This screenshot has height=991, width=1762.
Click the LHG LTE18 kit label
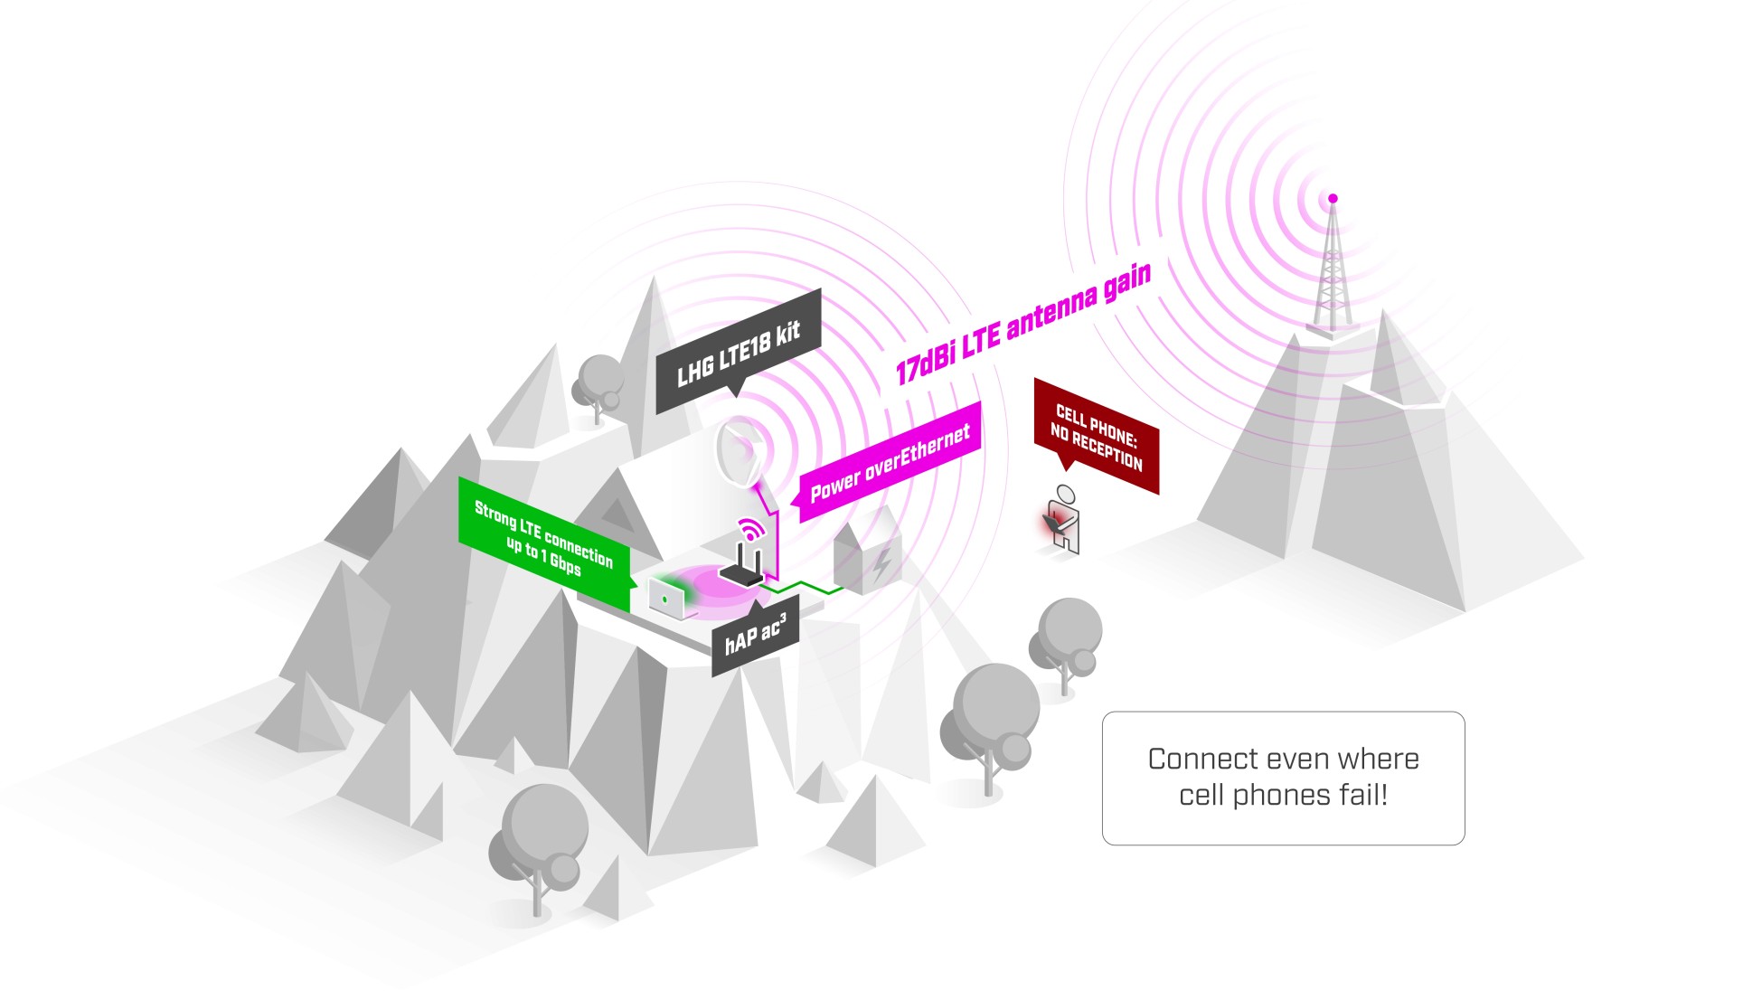[x=739, y=353]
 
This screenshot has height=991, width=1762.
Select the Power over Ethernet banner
[x=890, y=462]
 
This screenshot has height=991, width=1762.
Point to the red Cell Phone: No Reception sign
[x=1097, y=437]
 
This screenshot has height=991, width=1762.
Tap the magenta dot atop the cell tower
[x=1333, y=198]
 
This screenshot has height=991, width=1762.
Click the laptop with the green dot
[x=667, y=599]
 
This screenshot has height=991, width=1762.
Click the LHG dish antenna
[x=739, y=449]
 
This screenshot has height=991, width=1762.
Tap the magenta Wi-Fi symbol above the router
[x=750, y=529]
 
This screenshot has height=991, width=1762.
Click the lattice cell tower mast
[x=1332, y=271]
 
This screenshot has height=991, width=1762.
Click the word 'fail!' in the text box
[x=1363, y=795]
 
